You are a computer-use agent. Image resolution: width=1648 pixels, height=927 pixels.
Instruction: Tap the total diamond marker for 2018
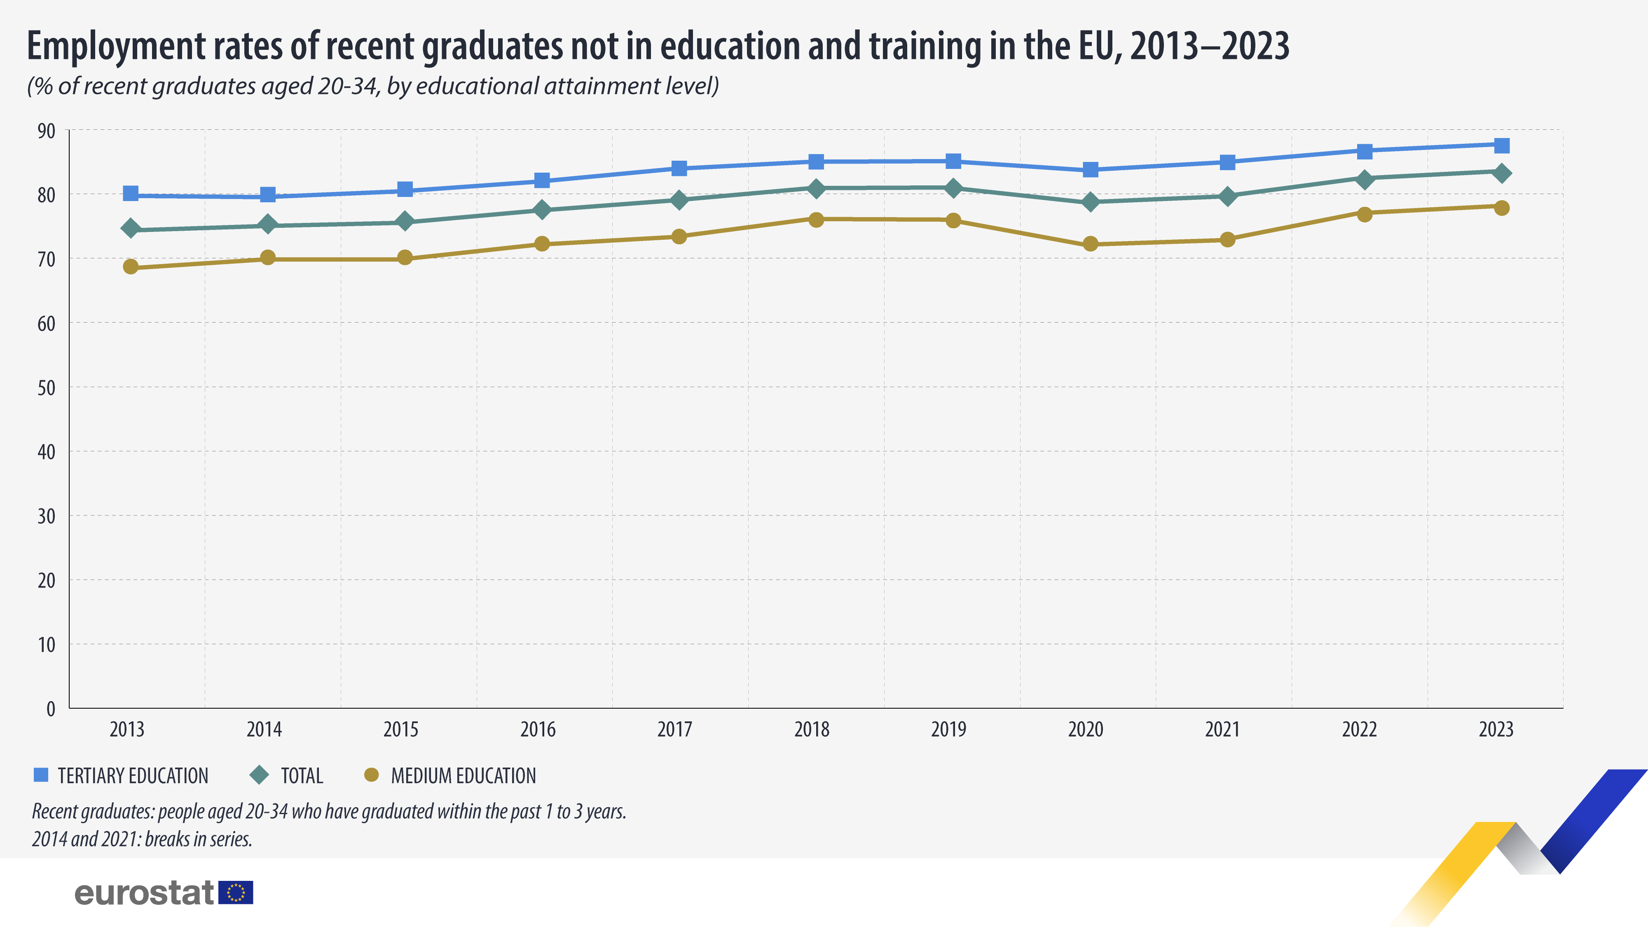(816, 188)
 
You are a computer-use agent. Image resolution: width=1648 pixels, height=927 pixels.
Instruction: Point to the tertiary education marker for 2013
(131, 193)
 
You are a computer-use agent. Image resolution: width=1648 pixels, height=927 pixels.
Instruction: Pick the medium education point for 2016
(542, 244)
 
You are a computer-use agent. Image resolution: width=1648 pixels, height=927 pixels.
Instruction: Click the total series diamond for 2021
(1227, 196)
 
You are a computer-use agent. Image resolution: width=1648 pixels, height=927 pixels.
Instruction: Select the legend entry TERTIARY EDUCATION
(132, 776)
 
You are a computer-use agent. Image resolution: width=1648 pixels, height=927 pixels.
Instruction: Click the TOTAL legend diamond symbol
(260, 775)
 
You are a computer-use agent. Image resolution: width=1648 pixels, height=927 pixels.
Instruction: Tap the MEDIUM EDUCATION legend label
(463, 776)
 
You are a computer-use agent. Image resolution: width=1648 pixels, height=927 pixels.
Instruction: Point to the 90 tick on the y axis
(47, 131)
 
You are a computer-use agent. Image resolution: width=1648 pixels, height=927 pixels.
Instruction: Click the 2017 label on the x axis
(674, 729)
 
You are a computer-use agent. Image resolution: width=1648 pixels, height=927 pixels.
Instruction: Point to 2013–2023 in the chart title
(1209, 46)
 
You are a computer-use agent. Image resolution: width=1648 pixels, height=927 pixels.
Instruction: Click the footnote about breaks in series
(142, 839)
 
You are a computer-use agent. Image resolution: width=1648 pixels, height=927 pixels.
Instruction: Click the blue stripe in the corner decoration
(1593, 819)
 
